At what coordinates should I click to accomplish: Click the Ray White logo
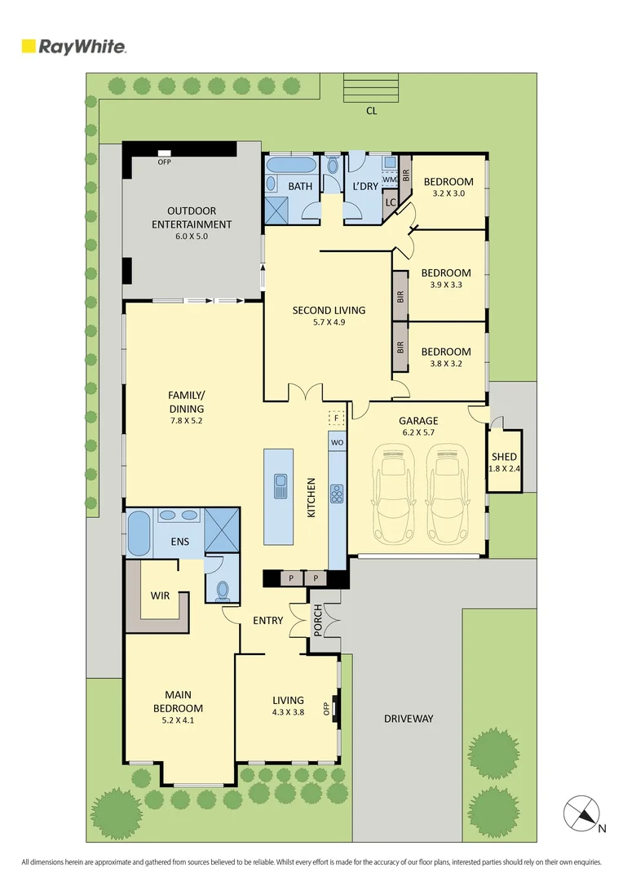(x=74, y=46)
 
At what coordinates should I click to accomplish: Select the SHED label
(x=504, y=457)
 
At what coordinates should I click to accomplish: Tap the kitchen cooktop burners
(x=337, y=494)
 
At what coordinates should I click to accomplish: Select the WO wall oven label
(x=337, y=441)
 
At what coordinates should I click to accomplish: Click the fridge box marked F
(x=335, y=418)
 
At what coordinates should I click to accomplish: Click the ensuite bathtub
(x=139, y=533)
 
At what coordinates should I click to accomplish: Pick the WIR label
(x=160, y=595)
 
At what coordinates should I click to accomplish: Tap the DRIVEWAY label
(x=409, y=719)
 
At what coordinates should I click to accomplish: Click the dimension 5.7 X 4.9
(x=329, y=323)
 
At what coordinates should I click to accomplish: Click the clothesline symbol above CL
(x=371, y=87)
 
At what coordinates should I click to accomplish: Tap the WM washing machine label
(x=389, y=179)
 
